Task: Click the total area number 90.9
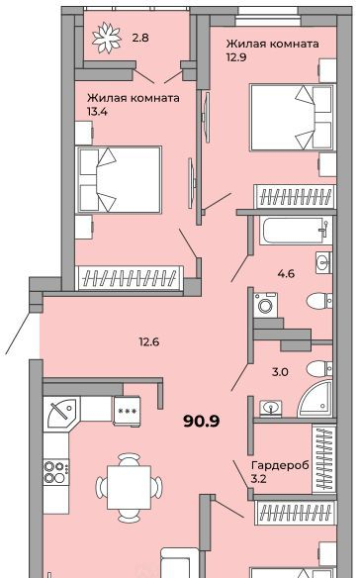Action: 201,421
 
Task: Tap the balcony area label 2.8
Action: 140,38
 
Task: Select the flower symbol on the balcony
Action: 107,38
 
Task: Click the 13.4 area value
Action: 97,111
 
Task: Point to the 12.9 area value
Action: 236,57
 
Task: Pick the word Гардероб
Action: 280,465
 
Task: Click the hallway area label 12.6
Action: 149,341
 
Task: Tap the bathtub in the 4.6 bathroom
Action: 296,231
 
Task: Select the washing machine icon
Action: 265,305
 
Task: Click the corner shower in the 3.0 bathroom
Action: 316,399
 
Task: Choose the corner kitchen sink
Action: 61,412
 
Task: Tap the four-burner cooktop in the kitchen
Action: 56,472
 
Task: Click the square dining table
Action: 129,487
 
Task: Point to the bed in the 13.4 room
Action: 119,179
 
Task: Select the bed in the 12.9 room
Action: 293,118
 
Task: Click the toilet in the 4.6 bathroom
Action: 319,301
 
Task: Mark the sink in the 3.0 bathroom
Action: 271,409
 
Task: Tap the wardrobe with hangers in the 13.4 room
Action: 129,277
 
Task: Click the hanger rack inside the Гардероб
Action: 324,459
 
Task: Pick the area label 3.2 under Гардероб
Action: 258,479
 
